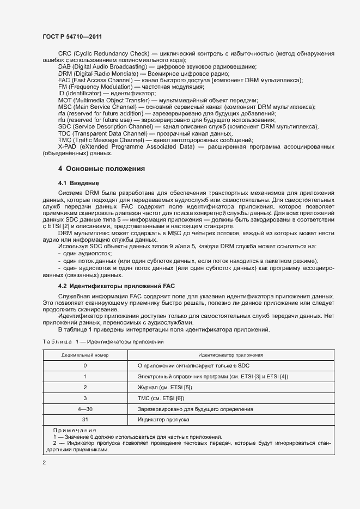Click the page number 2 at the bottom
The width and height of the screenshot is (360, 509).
pos(44,463)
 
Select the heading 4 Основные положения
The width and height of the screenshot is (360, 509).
pos(101,169)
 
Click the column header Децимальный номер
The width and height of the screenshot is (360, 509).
pos(85,354)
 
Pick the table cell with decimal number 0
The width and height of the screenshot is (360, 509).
pos(85,365)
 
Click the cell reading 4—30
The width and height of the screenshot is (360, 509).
pos(85,409)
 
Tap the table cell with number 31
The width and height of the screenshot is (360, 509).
pos(85,420)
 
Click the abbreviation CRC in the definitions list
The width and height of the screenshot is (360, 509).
pos(64,53)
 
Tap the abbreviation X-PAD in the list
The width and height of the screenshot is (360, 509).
pos(68,147)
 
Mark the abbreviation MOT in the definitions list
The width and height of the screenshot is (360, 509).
pos(65,100)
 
